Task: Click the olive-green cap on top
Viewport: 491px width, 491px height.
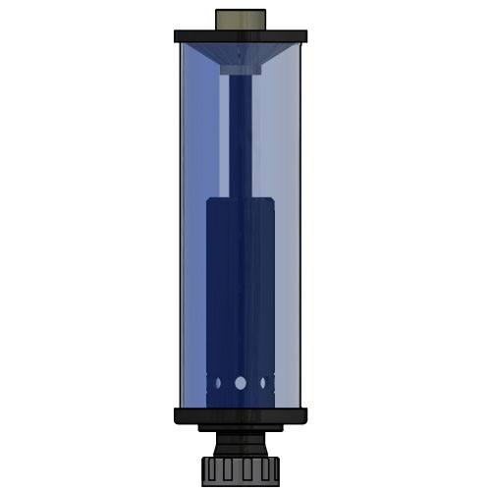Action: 241,20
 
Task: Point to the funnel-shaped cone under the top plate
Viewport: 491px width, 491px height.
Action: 241,54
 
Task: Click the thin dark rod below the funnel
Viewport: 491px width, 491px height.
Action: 241,137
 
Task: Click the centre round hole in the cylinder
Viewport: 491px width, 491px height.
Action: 241,383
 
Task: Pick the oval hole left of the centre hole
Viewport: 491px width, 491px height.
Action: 222,383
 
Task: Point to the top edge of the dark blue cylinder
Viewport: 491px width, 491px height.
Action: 241,199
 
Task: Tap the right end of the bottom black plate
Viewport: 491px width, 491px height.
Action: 302,415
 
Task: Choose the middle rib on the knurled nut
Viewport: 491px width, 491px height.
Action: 241,468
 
